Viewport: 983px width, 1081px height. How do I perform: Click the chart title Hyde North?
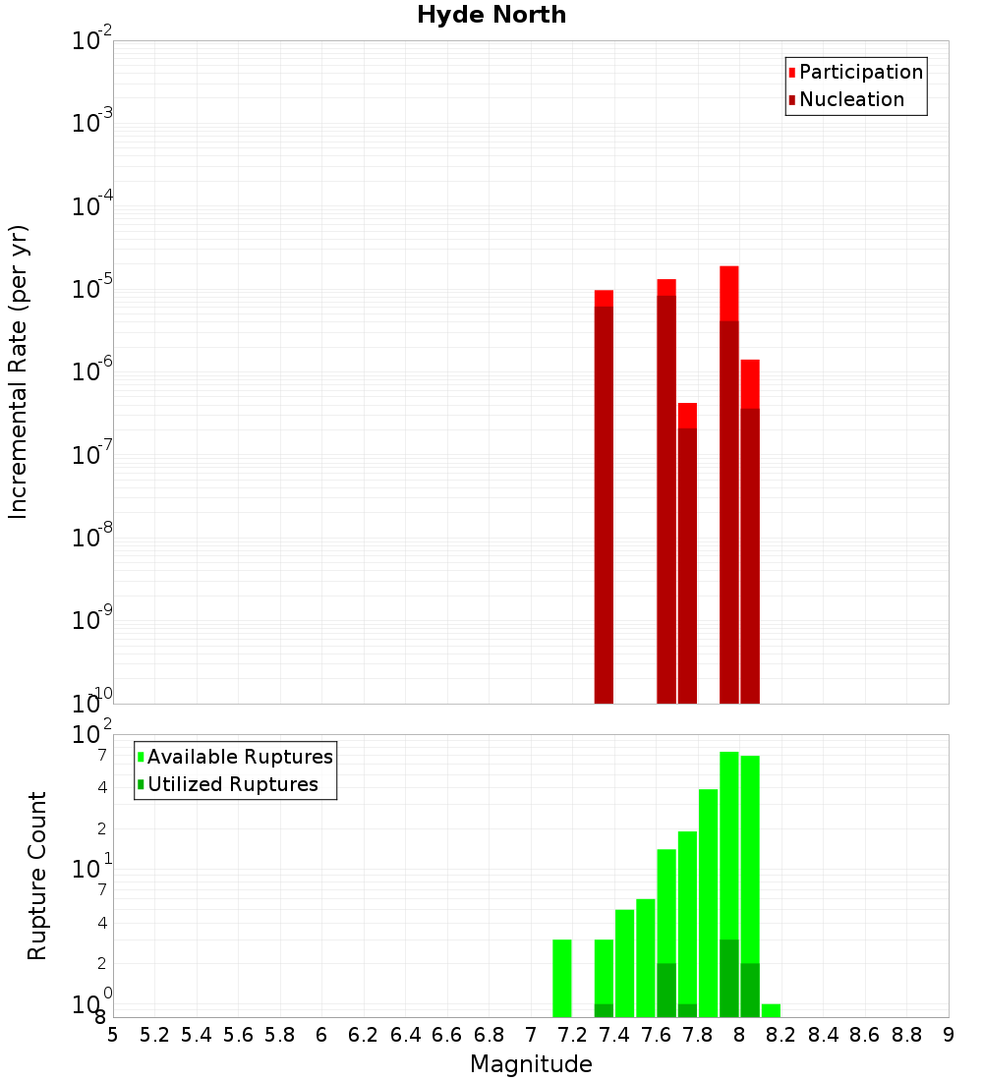pos(491,15)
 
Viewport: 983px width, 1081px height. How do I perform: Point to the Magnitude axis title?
pos(531,1064)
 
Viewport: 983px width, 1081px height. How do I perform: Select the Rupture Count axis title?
pos(37,876)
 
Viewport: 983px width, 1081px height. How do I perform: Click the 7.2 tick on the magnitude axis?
pos(572,1035)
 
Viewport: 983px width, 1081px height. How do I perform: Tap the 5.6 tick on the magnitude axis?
pos(238,1035)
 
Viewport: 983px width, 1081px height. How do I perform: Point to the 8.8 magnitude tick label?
pos(906,1035)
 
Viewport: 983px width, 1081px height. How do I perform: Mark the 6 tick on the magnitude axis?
pos(321,1035)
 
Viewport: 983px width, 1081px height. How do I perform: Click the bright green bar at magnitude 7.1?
pos(562,978)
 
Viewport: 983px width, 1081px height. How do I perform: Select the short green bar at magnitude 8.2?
pos(771,1010)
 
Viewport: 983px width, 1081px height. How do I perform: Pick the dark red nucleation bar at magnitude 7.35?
pos(604,501)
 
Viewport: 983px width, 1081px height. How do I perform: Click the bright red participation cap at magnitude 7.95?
pos(729,293)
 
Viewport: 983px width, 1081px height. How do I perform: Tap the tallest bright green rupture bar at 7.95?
pos(729,845)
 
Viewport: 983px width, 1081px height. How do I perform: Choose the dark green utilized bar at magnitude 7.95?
pos(729,978)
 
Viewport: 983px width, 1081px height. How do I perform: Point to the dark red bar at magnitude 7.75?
pos(687,565)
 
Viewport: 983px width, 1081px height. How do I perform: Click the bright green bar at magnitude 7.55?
pos(646,958)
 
